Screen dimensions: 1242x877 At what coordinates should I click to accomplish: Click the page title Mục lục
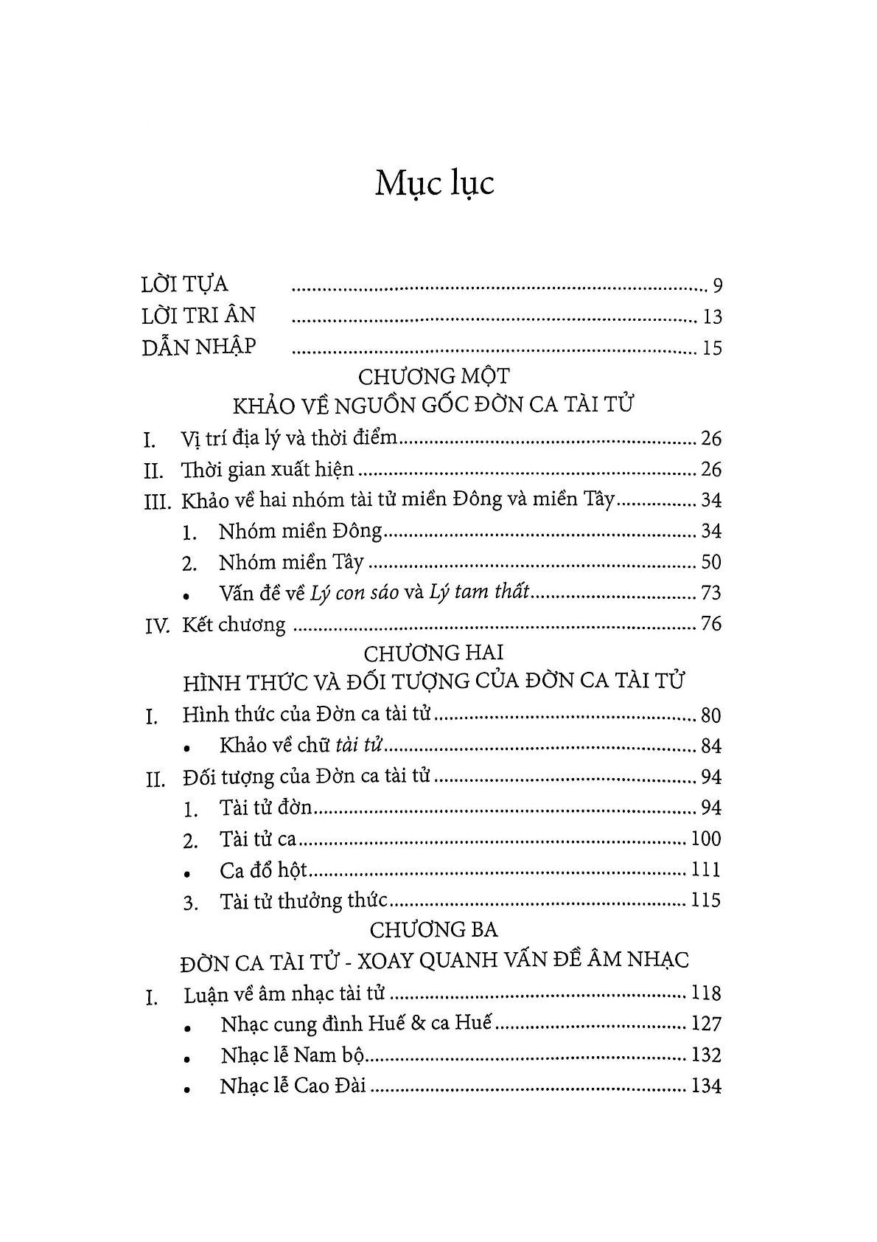point(434,184)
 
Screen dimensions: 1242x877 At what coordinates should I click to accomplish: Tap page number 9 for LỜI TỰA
point(717,285)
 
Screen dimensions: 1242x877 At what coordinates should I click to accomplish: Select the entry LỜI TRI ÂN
point(198,316)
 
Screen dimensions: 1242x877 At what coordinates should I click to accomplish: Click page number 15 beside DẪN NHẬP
point(712,347)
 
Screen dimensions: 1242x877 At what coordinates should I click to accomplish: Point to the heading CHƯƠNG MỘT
point(433,376)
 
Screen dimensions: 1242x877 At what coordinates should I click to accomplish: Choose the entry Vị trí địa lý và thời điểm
point(290,439)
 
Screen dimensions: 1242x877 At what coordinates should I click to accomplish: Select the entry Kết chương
point(234,625)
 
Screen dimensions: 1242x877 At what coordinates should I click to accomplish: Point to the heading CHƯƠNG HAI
point(433,653)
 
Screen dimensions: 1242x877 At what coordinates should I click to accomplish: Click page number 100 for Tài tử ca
point(706,839)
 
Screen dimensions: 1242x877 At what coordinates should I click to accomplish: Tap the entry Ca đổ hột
point(262,870)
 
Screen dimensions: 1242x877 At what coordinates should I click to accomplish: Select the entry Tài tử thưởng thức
point(303,901)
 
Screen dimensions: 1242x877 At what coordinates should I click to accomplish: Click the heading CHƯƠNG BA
point(434,929)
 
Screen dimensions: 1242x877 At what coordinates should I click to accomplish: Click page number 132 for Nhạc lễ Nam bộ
point(706,1055)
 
